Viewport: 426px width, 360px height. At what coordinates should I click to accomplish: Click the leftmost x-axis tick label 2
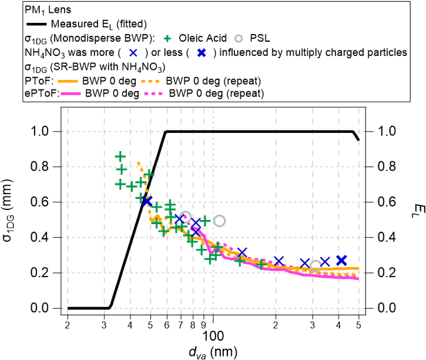[68, 324]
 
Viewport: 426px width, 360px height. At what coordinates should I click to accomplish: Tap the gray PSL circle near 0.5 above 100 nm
[219, 221]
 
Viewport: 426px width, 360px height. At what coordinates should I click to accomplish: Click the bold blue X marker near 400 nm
[341, 260]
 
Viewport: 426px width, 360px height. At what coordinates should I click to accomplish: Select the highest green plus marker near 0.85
[120, 156]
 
